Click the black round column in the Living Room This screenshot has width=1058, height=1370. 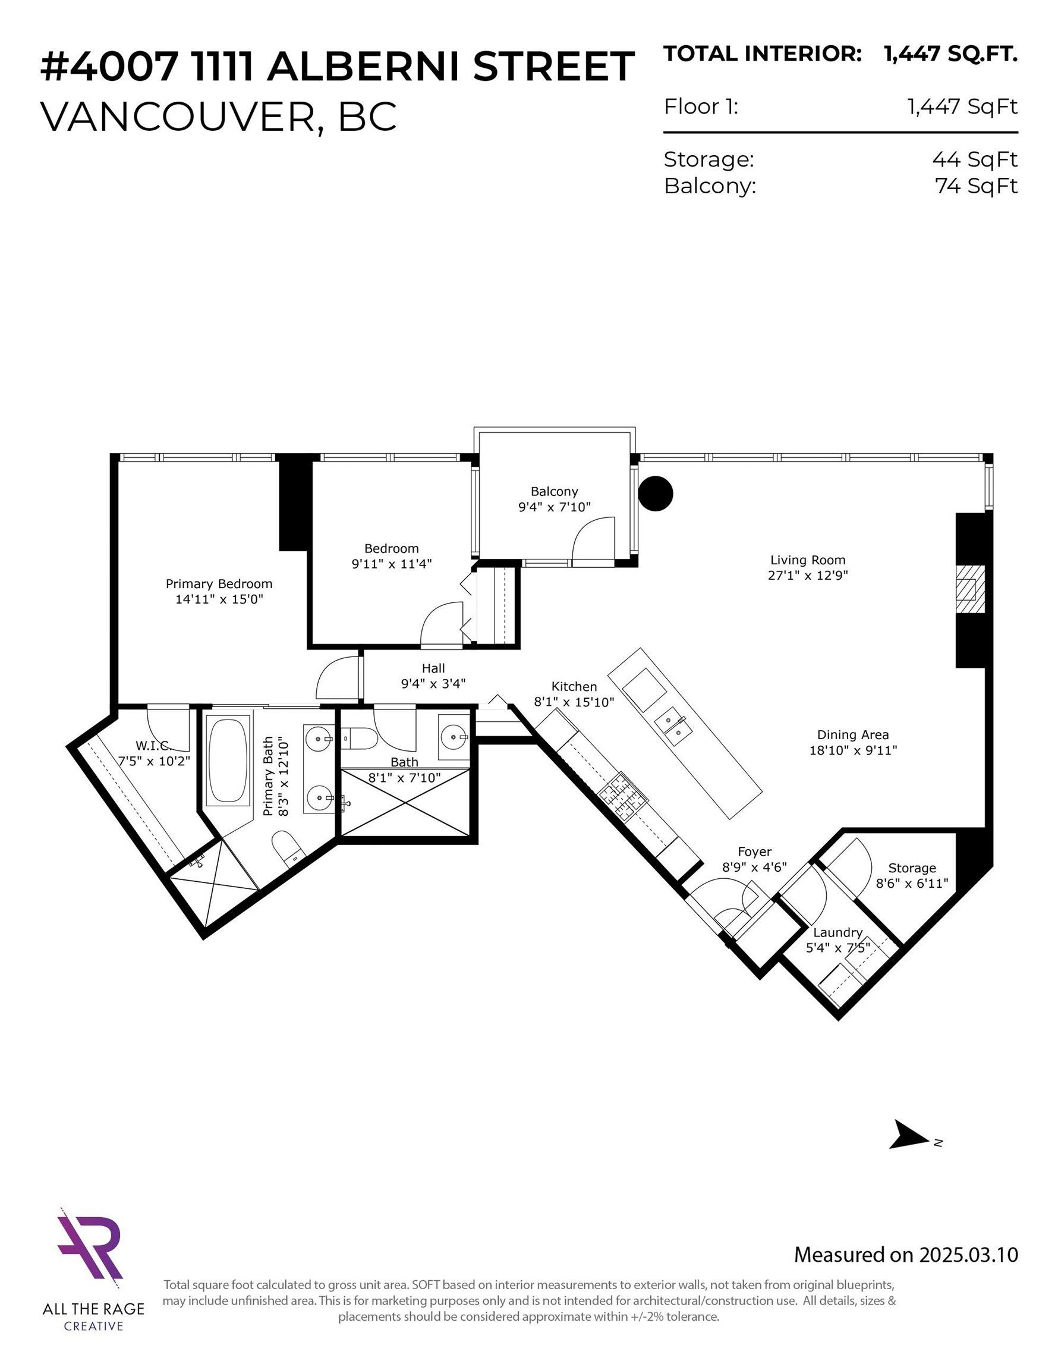pyautogui.click(x=656, y=493)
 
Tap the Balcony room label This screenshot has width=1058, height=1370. pyautogui.click(x=554, y=491)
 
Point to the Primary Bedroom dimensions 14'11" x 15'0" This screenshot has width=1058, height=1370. pyautogui.click(x=219, y=599)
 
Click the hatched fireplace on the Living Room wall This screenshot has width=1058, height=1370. pyautogui.click(x=969, y=589)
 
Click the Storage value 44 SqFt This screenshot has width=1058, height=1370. pyautogui.click(x=974, y=159)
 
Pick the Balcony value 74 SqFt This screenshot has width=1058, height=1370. pyautogui.click(x=975, y=186)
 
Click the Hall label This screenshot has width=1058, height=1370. pyautogui.click(x=433, y=668)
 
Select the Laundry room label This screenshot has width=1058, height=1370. pyautogui.click(x=837, y=932)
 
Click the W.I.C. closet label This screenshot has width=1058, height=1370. pyautogui.click(x=152, y=745)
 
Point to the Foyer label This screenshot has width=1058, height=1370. pyautogui.click(x=754, y=851)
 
